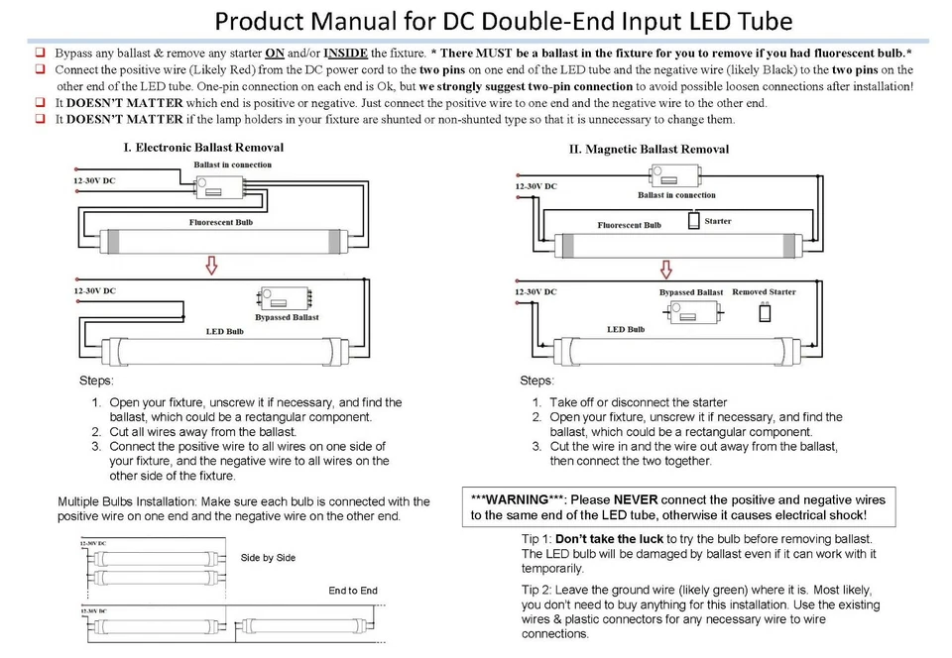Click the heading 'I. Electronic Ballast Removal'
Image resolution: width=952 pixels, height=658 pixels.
(203, 148)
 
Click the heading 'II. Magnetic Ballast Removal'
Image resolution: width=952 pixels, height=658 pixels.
(649, 150)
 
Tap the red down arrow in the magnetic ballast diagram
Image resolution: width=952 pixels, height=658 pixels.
(666, 270)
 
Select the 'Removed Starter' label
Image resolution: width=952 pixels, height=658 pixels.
(764, 292)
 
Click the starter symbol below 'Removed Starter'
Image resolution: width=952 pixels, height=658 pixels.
(764, 314)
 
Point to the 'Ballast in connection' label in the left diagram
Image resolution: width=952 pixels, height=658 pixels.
(232, 164)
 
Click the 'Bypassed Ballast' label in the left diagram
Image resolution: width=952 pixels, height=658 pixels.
(287, 318)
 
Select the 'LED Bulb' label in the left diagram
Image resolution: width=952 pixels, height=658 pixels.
(224, 331)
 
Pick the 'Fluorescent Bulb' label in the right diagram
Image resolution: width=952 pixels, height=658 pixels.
(629, 225)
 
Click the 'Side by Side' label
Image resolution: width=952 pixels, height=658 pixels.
(268, 558)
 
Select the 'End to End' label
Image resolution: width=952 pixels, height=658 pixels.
(353, 591)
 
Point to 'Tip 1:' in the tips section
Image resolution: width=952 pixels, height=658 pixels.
(541, 539)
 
